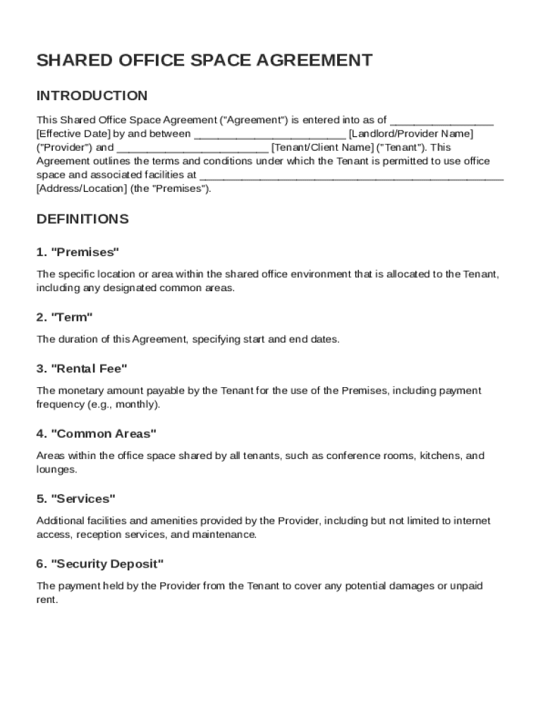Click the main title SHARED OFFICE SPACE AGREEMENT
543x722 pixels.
[205, 61]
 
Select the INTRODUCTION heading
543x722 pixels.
[92, 96]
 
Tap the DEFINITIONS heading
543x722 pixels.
[83, 219]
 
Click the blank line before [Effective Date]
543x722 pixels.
[441, 120]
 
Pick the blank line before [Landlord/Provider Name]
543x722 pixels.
[269, 134]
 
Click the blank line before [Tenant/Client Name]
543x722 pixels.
[192, 147]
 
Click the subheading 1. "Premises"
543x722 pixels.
[78, 252]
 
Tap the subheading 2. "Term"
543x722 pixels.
[65, 317]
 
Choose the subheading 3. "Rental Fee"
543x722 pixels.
[82, 369]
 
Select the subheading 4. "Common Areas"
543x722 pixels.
[96, 434]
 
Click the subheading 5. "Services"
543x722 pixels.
[75, 499]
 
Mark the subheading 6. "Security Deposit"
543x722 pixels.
[100, 564]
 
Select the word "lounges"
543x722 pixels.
[56, 470]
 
